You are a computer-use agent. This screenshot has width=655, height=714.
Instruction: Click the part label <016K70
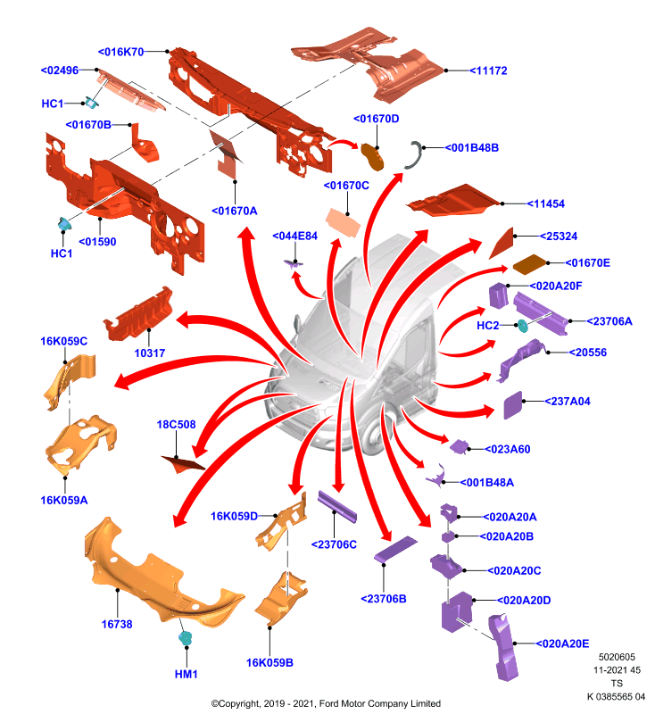click(x=121, y=52)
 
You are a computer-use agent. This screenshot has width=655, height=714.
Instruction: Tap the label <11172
click(x=488, y=71)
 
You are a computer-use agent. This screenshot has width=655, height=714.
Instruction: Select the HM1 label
click(x=187, y=674)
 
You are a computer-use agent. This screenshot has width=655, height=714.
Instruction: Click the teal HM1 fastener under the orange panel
click(x=186, y=638)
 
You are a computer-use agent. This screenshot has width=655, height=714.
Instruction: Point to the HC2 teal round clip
click(x=522, y=326)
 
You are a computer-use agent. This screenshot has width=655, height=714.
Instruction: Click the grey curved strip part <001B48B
click(x=416, y=155)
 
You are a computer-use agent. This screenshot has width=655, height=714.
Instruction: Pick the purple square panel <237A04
click(x=513, y=405)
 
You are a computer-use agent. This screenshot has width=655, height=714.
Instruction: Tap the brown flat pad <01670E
click(x=529, y=264)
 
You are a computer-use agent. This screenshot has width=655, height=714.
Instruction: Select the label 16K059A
click(x=64, y=500)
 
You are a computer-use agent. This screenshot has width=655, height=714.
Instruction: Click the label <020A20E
click(x=562, y=643)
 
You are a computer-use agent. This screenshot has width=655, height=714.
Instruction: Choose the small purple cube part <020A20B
click(x=448, y=537)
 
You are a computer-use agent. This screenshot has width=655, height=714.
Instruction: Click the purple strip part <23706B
click(x=395, y=549)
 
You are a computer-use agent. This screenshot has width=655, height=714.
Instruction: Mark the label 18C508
click(x=176, y=425)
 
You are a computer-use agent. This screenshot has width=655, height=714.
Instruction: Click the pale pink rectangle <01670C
click(x=343, y=222)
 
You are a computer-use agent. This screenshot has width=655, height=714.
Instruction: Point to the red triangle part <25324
click(x=503, y=243)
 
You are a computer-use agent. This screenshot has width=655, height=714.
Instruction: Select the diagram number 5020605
click(x=617, y=657)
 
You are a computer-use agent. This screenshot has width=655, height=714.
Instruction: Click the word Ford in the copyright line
click(x=329, y=703)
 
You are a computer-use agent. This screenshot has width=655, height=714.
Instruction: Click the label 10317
click(x=150, y=353)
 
